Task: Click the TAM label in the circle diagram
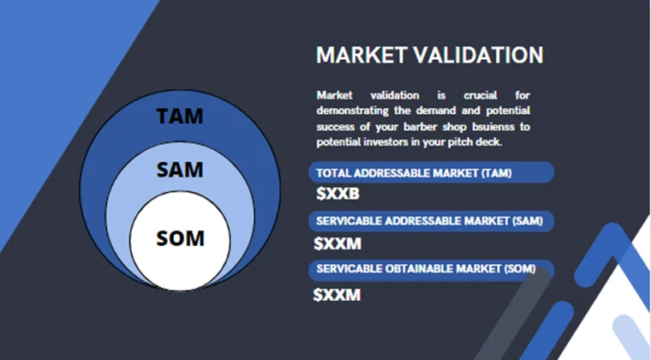click(180, 116)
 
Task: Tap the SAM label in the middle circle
click(180, 170)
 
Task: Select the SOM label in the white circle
click(180, 237)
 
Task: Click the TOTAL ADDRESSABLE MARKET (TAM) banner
click(431, 172)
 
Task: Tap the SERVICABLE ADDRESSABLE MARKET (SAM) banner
click(431, 221)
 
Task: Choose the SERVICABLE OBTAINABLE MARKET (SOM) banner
click(431, 269)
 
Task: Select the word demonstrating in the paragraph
click(351, 111)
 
